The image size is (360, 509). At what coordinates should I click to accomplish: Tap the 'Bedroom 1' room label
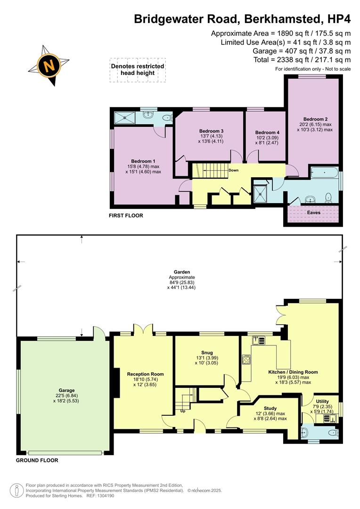pyautogui.click(x=143, y=161)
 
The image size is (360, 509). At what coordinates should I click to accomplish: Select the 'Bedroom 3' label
pyautogui.click(x=211, y=131)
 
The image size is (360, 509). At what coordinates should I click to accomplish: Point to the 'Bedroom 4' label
pyautogui.click(x=267, y=132)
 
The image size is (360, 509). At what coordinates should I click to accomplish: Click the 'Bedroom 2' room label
pyautogui.click(x=315, y=119)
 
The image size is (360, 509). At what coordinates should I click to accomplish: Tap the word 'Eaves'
pyautogui.click(x=314, y=213)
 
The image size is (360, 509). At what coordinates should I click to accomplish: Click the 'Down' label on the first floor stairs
pyautogui.click(x=233, y=170)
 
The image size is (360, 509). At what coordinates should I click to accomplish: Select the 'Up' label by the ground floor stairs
pyautogui.click(x=183, y=410)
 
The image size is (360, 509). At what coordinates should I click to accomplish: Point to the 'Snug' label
pyautogui.click(x=207, y=352)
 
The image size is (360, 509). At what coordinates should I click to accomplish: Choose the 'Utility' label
pyautogui.click(x=323, y=401)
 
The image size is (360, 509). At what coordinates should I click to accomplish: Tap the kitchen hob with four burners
pyautogui.click(x=246, y=360)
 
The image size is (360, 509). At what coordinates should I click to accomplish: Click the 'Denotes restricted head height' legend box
pyautogui.click(x=138, y=70)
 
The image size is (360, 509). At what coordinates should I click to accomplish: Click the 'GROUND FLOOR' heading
pyautogui.click(x=37, y=460)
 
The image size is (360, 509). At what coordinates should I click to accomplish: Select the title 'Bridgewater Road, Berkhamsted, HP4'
pyautogui.click(x=242, y=19)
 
